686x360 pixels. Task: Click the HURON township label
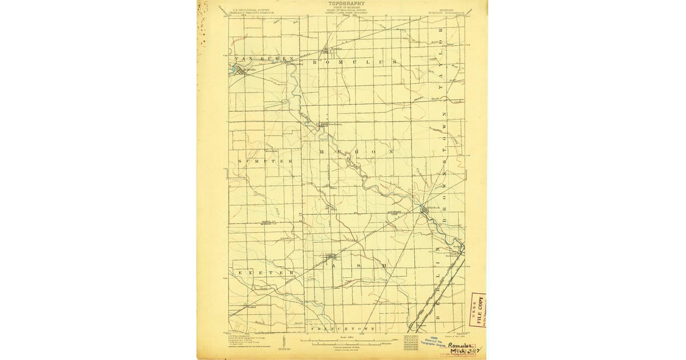coord(355,151)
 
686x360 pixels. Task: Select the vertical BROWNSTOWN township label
coord(440,171)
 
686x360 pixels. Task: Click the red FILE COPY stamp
coord(477,311)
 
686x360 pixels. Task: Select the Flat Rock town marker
coord(424,212)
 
